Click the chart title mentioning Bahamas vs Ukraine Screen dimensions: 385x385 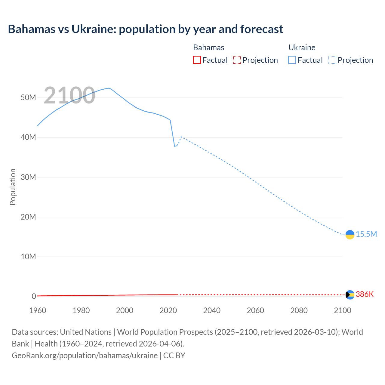[x=146, y=29]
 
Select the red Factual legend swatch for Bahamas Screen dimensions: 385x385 [x=197, y=60]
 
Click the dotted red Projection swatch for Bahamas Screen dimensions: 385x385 [x=237, y=60]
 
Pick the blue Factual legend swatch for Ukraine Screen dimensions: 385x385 [x=292, y=60]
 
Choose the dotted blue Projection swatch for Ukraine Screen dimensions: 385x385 [x=332, y=60]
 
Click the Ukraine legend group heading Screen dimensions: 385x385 [x=302, y=48]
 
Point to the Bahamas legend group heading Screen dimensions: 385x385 [x=208, y=48]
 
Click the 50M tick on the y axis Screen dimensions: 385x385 [x=28, y=98]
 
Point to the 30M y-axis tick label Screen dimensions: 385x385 [x=28, y=177]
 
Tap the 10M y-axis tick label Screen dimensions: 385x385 [x=28, y=257]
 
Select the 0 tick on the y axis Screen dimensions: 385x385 [x=34, y=296]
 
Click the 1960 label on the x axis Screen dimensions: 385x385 [x=38, y=310]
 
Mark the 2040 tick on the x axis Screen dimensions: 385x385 [x=212, y=310]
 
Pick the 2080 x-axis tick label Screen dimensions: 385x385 [x=299, y=310]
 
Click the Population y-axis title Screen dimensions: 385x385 [x=13, y=187]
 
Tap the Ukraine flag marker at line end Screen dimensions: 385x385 [x=350, y=235]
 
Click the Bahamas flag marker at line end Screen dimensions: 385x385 [x=350, y=295]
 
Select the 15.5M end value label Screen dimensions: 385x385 [x=366, y=234]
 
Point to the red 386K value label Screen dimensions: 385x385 [x=365, y=294]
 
